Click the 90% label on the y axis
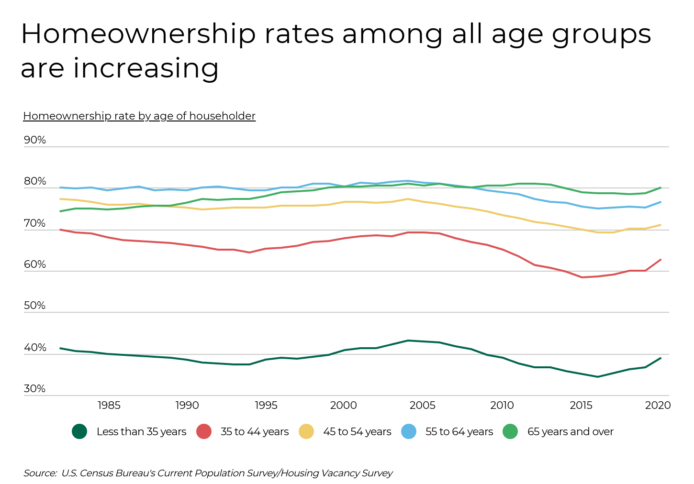point(35,140)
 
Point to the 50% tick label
point(35,306)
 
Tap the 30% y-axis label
point(35,389)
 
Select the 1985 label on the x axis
point(109,406)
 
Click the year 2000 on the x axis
point(344,406)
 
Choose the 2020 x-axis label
point(658,406)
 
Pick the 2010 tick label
point(502,406)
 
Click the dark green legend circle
point(79,431)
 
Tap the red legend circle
point(204,431)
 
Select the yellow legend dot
point(306,431)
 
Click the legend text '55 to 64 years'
point(459,431)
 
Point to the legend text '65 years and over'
point(570,431)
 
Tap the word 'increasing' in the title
point(146,68)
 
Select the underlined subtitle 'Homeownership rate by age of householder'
point(139,116)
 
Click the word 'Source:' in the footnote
point(40,473)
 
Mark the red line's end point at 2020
point(660,260)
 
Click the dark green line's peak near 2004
point(408,341)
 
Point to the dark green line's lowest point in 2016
point(597,377)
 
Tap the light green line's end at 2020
point(660,187)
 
